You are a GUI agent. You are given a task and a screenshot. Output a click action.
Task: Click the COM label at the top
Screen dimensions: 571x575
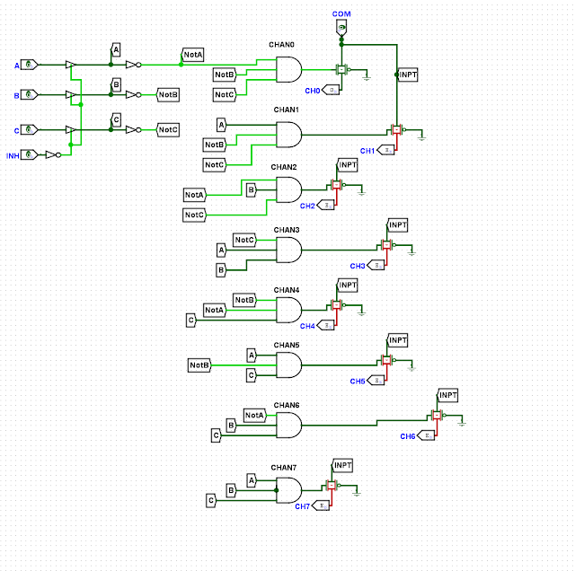click(x=341, y=14)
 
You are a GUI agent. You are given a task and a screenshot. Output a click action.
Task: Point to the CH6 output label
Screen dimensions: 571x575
click(x=408, y=435)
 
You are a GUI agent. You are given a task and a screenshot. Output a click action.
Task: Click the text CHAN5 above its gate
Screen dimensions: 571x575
click(x=286, y=345)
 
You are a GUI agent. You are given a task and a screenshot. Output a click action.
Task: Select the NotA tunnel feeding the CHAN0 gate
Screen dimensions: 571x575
click(x=192, y=56)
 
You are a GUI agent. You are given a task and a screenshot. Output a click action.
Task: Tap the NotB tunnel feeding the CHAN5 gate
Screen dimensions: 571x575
click(x=199, y=365)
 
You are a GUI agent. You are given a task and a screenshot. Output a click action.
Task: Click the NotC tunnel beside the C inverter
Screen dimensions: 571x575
click(x=168, y=129)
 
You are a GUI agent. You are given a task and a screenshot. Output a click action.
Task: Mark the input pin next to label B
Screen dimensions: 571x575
click(x=30, y=93)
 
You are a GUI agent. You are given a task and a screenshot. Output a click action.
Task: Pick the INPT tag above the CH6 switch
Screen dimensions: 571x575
click(x=447, y=395)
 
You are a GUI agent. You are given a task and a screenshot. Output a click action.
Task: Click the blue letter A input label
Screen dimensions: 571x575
click(x=16, y=66)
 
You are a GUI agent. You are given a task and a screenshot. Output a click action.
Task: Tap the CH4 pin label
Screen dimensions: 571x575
click(x=307, y=326)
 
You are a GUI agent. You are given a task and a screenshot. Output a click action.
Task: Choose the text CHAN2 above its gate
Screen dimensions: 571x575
click(x=283, y=167)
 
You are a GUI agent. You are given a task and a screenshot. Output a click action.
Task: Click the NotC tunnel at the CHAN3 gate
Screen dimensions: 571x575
click(x=244, y=240)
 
